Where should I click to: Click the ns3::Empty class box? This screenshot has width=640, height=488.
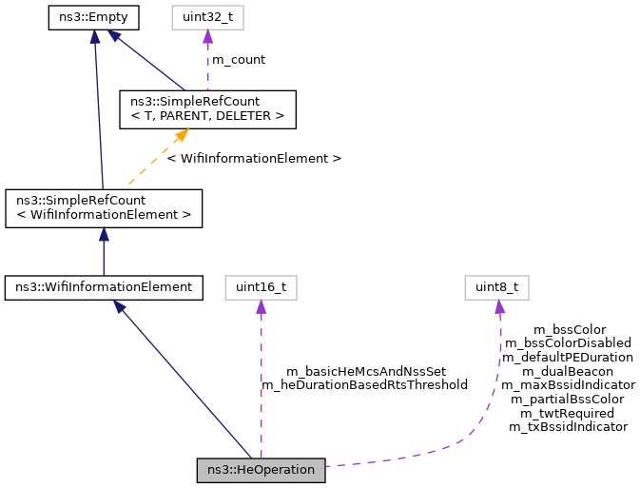pos(94,17)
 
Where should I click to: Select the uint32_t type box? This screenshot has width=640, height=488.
pos(207,17)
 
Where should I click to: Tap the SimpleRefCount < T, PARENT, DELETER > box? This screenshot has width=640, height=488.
pos(206,108)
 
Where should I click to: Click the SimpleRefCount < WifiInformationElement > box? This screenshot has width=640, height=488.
pos(104,207)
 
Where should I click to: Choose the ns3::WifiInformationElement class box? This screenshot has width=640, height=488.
pos(104,285)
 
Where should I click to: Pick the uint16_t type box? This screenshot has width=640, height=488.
pos(261,285)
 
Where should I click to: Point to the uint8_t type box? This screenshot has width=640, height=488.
pos(498,285)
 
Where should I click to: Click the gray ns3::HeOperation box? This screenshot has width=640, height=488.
pos(262,470)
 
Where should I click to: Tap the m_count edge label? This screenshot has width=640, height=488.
pos(238,60)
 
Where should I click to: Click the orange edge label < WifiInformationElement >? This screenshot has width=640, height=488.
pos(254,158)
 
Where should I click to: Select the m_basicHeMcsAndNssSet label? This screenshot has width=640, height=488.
pos(366,371)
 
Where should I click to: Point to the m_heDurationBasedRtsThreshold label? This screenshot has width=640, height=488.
pos(364,385)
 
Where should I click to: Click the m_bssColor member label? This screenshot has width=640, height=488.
pos(569,330)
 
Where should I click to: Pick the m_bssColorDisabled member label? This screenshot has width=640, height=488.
pos(568,343)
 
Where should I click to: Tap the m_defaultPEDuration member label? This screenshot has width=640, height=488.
pos(568,358)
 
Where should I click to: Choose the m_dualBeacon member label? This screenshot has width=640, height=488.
pos(568,371)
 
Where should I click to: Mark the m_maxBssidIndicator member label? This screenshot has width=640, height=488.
pos(568,385)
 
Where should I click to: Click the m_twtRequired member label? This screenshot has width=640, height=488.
pos(568,414)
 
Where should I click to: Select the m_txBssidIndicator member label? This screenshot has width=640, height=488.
pos(568,427)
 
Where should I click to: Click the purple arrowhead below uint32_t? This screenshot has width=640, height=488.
pos(207,35)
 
